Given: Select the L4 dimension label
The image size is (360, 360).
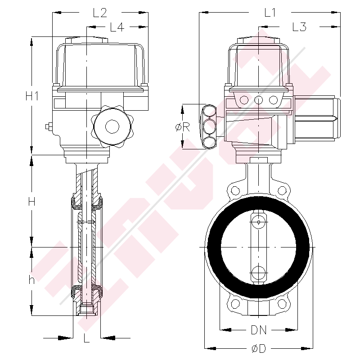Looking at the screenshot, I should click(117, 27).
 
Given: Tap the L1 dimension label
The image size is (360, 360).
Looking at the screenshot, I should click(270, 13).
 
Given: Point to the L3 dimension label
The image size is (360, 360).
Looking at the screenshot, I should click(299, 27).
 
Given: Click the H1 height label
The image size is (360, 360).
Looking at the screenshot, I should click(31, 96).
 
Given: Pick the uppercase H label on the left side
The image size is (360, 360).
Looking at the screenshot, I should click(31, 202).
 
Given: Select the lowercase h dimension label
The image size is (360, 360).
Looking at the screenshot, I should click(31, 279).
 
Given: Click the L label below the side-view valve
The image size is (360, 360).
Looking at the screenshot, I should click(87, 338).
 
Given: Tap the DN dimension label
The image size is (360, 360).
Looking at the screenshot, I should click(259, 330).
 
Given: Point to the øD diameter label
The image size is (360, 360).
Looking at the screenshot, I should click(259, 348).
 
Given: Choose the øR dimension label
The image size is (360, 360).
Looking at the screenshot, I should click(182, 127).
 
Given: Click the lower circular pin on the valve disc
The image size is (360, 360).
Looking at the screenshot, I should click(259, 272).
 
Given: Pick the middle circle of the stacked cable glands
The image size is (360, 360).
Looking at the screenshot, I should click(209, 126).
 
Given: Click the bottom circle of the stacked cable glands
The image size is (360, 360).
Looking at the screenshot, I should click(209, 142).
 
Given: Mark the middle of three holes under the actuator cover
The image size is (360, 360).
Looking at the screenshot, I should click(259, 100).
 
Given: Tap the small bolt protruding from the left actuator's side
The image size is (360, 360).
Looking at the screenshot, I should click(48, 127).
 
